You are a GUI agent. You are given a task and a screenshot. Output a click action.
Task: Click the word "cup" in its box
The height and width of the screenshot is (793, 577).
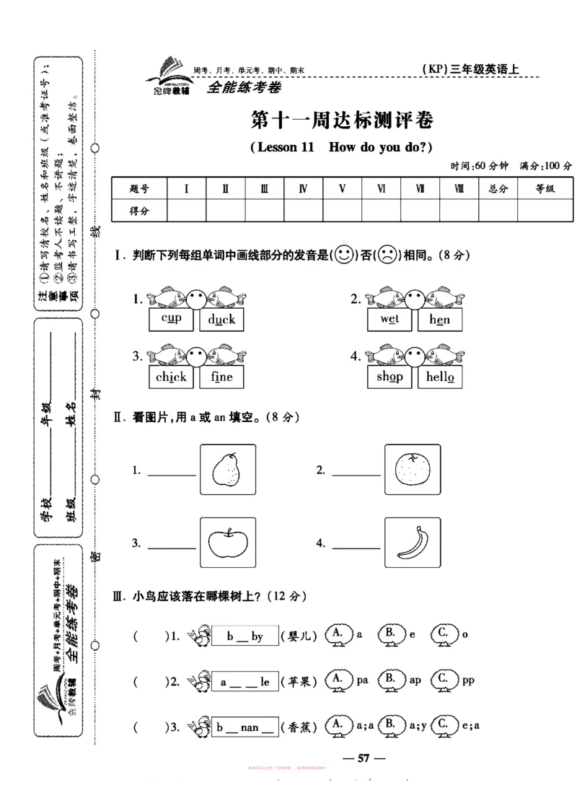pos(172,319)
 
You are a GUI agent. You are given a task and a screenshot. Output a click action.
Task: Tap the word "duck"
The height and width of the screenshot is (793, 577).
pos(221,319)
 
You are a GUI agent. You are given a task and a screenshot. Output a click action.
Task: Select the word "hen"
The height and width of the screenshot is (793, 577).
pos(439,319)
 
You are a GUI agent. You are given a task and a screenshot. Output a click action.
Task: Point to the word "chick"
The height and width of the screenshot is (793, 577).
pos(172,377)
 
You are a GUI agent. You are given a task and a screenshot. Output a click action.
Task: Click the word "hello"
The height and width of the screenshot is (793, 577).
pos(439,377)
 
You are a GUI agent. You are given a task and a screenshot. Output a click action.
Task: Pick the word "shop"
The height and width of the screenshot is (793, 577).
pos(389,377)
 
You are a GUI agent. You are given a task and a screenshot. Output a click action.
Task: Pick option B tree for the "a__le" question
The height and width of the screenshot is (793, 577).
pos(389,680)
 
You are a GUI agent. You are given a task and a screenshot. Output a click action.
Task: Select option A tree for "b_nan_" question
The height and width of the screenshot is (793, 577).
pos(337,725)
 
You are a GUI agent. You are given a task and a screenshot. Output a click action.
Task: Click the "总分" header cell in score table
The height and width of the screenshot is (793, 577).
pos(498,189)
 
